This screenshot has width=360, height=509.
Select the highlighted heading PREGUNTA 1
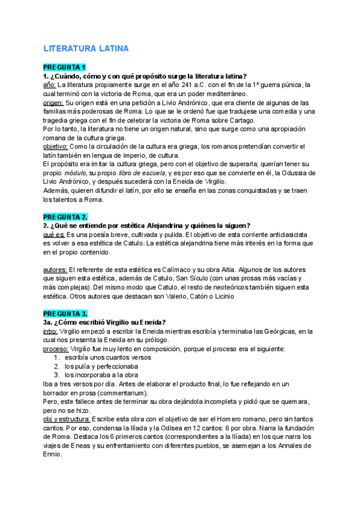click(65, 67)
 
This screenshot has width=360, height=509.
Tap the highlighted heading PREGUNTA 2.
click(66, 216)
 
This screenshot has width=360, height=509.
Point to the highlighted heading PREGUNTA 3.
click(66, 313)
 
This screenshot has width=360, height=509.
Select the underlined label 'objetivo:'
click(55, 146)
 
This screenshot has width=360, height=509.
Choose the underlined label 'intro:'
click(50, 331)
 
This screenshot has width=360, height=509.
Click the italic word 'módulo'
click(74, 173)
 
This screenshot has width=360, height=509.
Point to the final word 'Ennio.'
click(53, 454)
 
